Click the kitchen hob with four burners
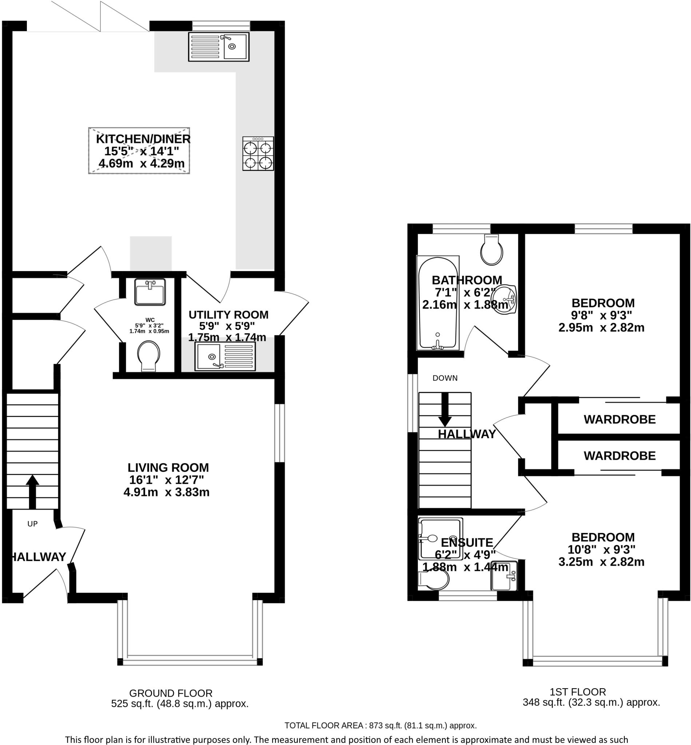[258, 154]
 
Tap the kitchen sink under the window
[219, 47]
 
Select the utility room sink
[225, 356]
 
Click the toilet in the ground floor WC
[149, 355]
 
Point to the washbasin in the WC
[150, 292]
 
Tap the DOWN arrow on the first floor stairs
[445, 409]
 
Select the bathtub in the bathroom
[438, 303]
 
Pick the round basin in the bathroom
[507, 299]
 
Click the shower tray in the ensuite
[441, 539]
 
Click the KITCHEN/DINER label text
[143, 139]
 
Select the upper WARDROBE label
[620, 419]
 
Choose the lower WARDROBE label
[620, 456]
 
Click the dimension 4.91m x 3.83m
[166, 492]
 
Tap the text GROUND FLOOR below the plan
[171, 693]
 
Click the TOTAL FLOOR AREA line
[380, 726]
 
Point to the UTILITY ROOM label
[229, 315]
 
